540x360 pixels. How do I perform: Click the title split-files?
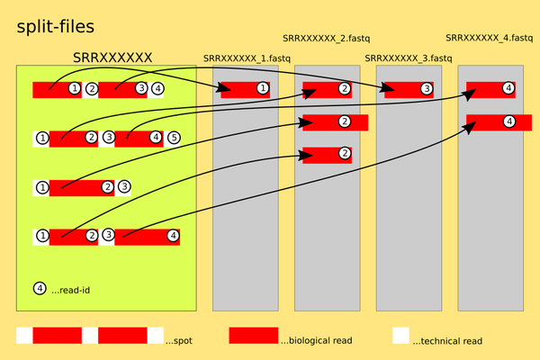click(56, 28)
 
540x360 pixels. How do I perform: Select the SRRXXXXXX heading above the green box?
click(112, 58)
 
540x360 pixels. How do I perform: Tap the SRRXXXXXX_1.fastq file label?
click(247, 58)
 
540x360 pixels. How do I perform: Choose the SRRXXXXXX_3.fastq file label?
click(409, 58)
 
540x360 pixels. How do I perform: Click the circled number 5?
click(174, 138)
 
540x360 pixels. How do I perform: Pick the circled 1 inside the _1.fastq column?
click(262, 89)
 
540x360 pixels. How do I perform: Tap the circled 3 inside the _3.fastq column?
click(426, 89)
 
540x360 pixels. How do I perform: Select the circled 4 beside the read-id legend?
click(40, 289)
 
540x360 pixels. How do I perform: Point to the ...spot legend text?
click(178, 341)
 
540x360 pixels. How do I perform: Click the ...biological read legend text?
click(316, 341)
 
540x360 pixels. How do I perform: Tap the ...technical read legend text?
click(447, 341)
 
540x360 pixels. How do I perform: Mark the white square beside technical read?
click(400, 336)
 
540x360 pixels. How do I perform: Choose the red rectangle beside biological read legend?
click(254, 336)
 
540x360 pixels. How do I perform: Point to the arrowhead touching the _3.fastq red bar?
click(390, 89)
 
